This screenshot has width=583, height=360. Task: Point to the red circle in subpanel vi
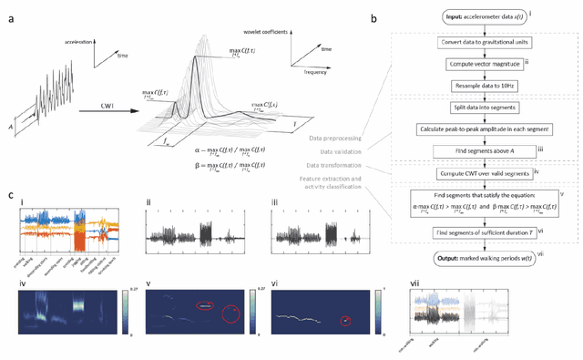tap(346, 320)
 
